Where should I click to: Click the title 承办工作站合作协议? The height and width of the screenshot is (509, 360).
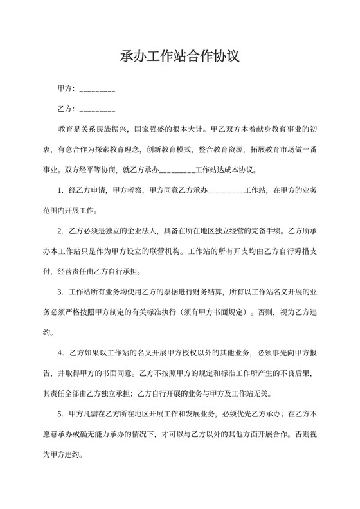[x=180, y=57]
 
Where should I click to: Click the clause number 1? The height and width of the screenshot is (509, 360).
[x=61, y=190]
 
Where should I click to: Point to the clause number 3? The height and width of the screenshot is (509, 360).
[x=61, y=292]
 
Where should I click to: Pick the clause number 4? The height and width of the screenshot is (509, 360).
[x=61, y=353]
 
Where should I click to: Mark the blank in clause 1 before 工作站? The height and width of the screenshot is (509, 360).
[x=226, y=191]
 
